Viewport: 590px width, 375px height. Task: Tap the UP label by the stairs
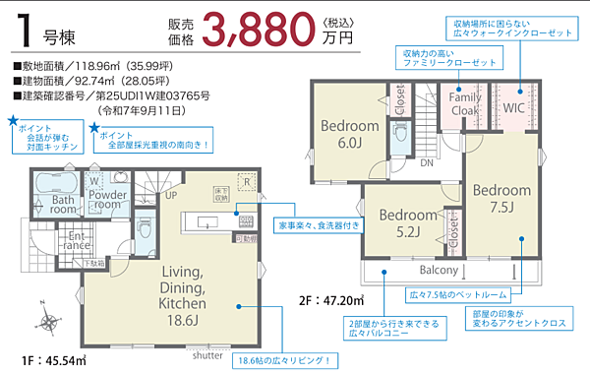coord(170,196)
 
